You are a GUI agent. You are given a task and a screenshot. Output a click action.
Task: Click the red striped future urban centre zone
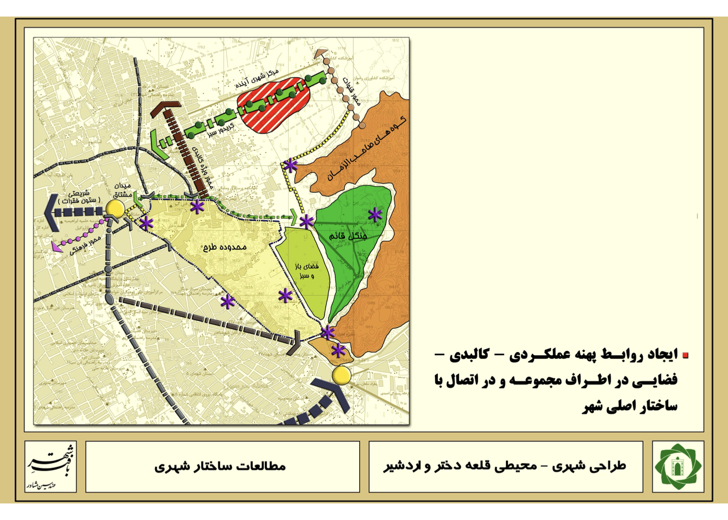click(273, 107)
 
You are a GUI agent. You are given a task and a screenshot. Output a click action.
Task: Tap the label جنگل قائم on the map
click(348, 236)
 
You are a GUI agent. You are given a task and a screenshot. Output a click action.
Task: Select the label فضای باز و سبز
click(307, 270)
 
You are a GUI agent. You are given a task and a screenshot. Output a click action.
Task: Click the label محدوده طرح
click(225, 246)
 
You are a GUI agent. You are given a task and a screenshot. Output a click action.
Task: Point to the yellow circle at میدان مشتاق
click(115, 209)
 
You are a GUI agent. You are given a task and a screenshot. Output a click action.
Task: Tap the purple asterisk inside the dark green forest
click(375, 214)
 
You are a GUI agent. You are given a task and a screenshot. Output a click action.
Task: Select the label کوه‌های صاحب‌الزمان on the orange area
click(367, 148)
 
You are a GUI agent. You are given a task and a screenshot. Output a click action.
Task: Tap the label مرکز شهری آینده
click(257, 78)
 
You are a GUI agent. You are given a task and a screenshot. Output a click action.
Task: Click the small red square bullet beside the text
click(685, 356)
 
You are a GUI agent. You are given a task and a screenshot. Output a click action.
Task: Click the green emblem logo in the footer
click(678, 466)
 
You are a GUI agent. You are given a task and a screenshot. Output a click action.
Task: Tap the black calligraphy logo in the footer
click(50, 466)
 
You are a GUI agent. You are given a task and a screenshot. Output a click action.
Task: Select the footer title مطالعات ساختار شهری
click(220, 466)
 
